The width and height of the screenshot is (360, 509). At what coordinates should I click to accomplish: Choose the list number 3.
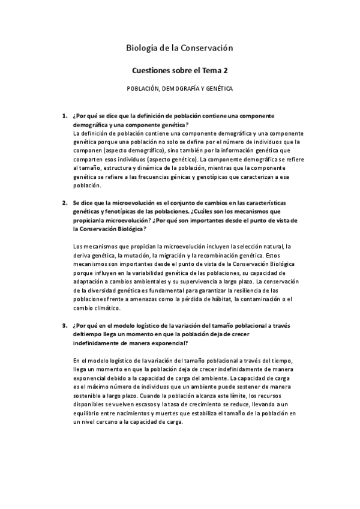click(65, 326)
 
